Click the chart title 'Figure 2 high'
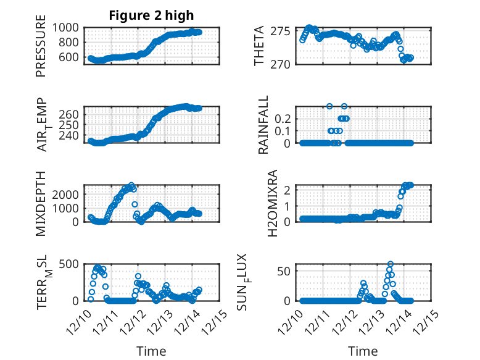coord(151,15)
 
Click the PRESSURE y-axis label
coord(41,50)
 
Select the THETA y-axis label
coord(259,46)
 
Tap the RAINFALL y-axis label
coord(263,125)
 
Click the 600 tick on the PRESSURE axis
coord(69,57)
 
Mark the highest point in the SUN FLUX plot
coord(390,264)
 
